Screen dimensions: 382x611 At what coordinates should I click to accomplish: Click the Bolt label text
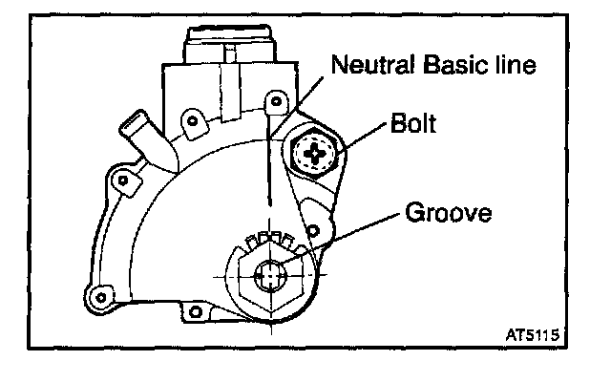click(412, 124)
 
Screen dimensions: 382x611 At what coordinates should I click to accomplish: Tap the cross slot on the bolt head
click(314, 151)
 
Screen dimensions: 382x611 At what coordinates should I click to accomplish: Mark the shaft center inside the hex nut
click(272, 275)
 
